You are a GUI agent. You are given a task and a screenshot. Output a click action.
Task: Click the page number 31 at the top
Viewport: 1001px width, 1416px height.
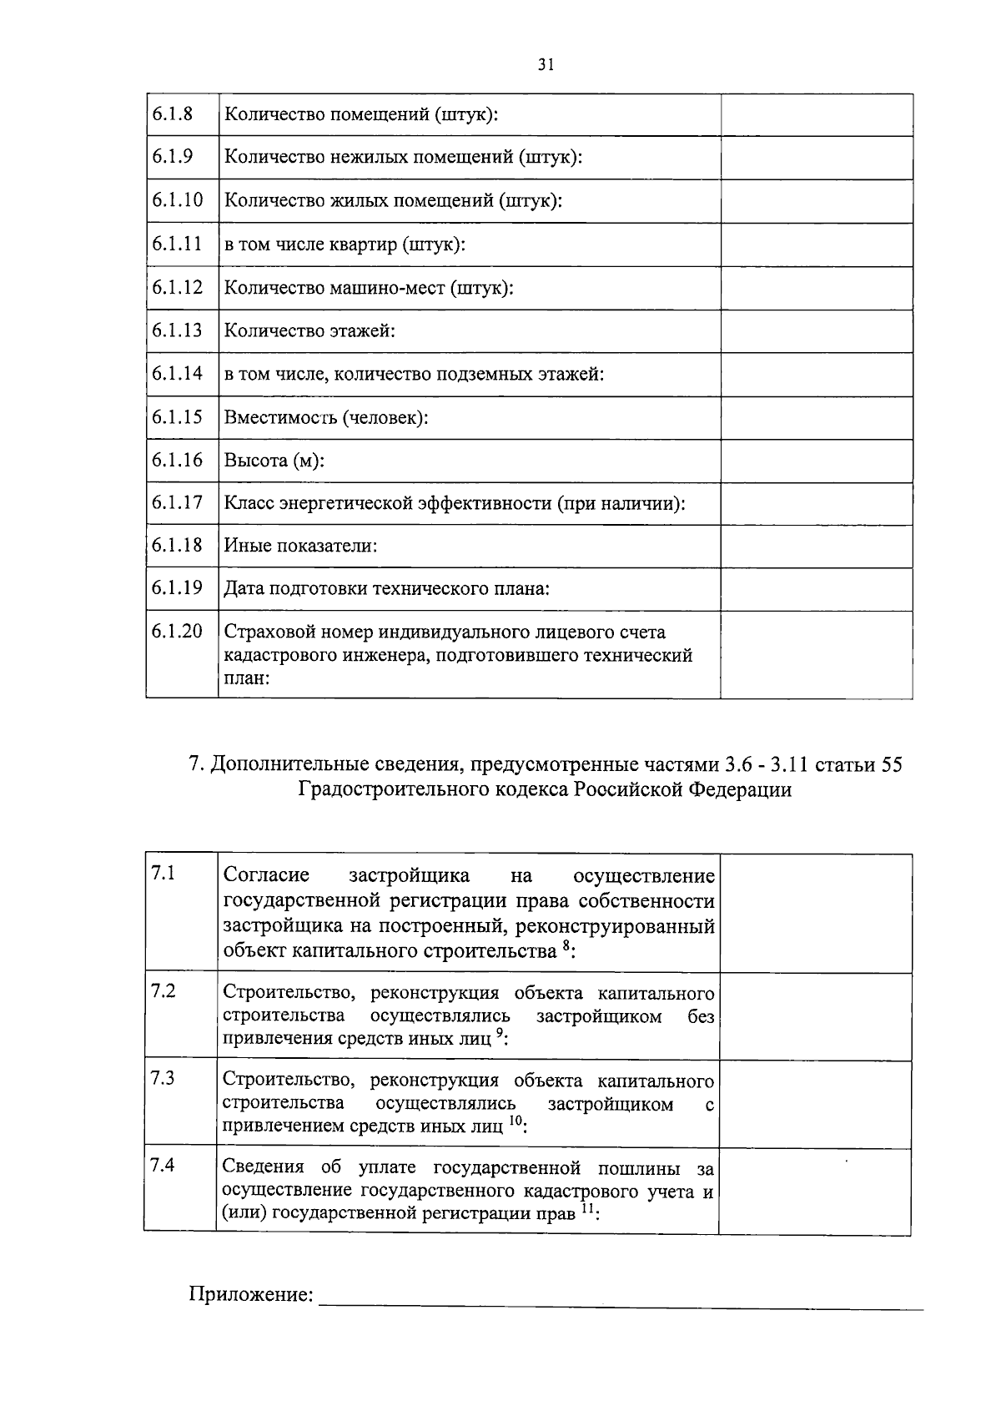[x=546, y=64]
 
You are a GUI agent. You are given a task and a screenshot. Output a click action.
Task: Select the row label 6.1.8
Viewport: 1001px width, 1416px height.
[x=172, y=113]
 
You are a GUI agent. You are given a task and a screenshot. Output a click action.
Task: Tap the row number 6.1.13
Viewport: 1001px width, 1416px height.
[x=177, y=330]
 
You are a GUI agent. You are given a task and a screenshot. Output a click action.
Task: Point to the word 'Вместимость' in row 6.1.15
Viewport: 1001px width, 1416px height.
[x=279, y=417]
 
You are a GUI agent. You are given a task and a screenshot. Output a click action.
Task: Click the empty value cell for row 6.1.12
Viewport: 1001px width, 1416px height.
[x=816, y=288]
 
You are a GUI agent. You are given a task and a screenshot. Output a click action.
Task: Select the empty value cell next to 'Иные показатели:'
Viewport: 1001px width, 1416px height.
[x=816, y=546]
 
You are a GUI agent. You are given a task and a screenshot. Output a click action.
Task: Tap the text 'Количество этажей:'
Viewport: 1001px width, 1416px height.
[x=309, y=330]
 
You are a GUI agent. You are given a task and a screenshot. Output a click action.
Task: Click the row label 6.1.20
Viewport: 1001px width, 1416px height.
[x=177, y=631]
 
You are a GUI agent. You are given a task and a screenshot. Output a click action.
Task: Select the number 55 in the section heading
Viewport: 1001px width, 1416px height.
[x=891, y=764]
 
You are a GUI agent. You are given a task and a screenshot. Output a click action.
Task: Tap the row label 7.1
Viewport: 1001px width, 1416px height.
[x=163, y=874]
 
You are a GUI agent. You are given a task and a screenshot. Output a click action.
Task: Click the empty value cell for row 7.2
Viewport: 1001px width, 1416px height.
[x=815, y=1015]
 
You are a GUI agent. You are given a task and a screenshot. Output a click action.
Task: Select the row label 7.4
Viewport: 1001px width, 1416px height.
[x=163, y=1165]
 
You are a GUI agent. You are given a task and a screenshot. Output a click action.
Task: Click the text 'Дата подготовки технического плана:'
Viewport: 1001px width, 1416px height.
[x=387, y=589]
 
